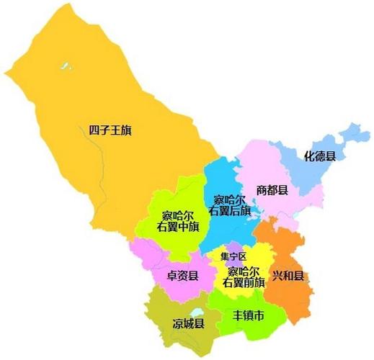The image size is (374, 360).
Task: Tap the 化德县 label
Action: tap(318, 154)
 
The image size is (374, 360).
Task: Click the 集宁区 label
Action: tap(233, 256)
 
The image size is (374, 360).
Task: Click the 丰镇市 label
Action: tap(247, 316)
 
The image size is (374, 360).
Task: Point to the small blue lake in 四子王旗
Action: tap(66, 67)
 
